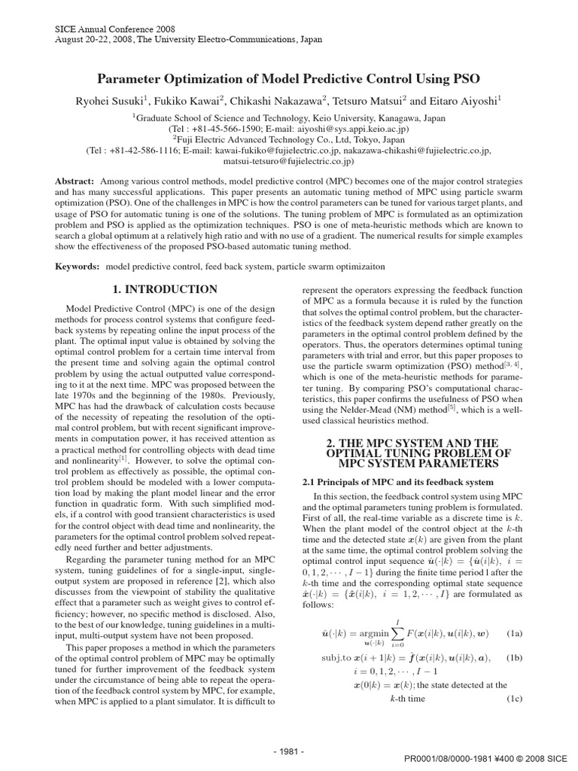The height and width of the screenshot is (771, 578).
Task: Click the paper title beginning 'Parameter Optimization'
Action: [x=289, y=78]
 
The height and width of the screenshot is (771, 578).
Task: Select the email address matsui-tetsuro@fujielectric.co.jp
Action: [x=289, y=161]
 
